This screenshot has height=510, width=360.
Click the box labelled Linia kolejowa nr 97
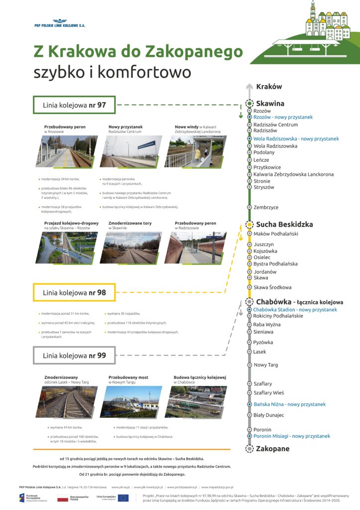(74, 105)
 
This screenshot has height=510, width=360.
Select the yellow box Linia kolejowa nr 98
(74, 292)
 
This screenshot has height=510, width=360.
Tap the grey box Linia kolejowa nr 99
(74, 356)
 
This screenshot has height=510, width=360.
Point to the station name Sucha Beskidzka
(284, 224)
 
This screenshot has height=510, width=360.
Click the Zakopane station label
(272, 449)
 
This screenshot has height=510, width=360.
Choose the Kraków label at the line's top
(269, 86)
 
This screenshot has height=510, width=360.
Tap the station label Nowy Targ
(266, 365)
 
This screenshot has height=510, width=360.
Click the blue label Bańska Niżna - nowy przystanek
(289, 404)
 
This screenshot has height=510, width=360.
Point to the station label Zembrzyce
(266, 207)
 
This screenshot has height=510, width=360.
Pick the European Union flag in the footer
(123, 498)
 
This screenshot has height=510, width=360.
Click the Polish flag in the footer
(63, 498)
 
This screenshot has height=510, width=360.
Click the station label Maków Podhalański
(275, 234)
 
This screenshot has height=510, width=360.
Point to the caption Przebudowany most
(128, 378)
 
